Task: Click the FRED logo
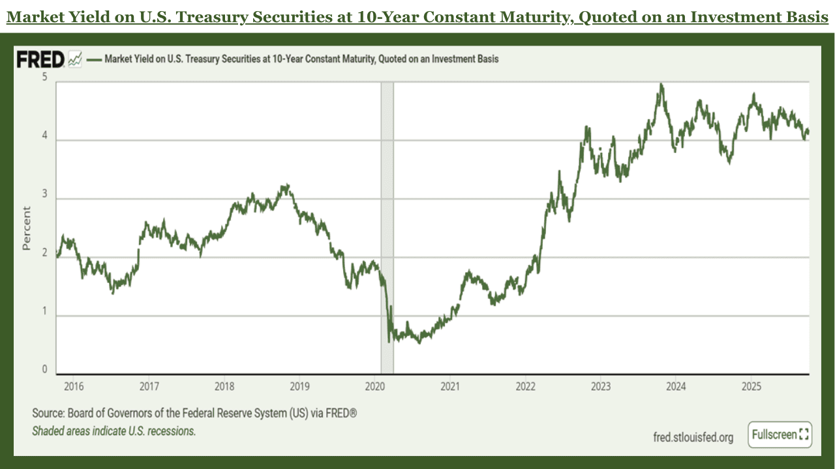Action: pos(40,60)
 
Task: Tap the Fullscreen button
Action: pos(781,434)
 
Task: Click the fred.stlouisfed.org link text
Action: pos(693,437)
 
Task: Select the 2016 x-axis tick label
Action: pos(74,386)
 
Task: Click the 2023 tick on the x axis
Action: pos(601,386)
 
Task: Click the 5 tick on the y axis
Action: pos(45,77)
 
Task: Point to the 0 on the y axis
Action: pos(45,369)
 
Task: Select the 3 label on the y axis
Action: pos(45,194)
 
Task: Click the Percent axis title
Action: pos(27,228)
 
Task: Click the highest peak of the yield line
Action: pos(661,85)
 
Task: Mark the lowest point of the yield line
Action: pos(389,341)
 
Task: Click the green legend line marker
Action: pos(95,59)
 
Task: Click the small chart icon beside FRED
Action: pos(75,60)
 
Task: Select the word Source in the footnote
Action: pos(48,414)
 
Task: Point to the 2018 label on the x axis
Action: pos(224,386)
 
